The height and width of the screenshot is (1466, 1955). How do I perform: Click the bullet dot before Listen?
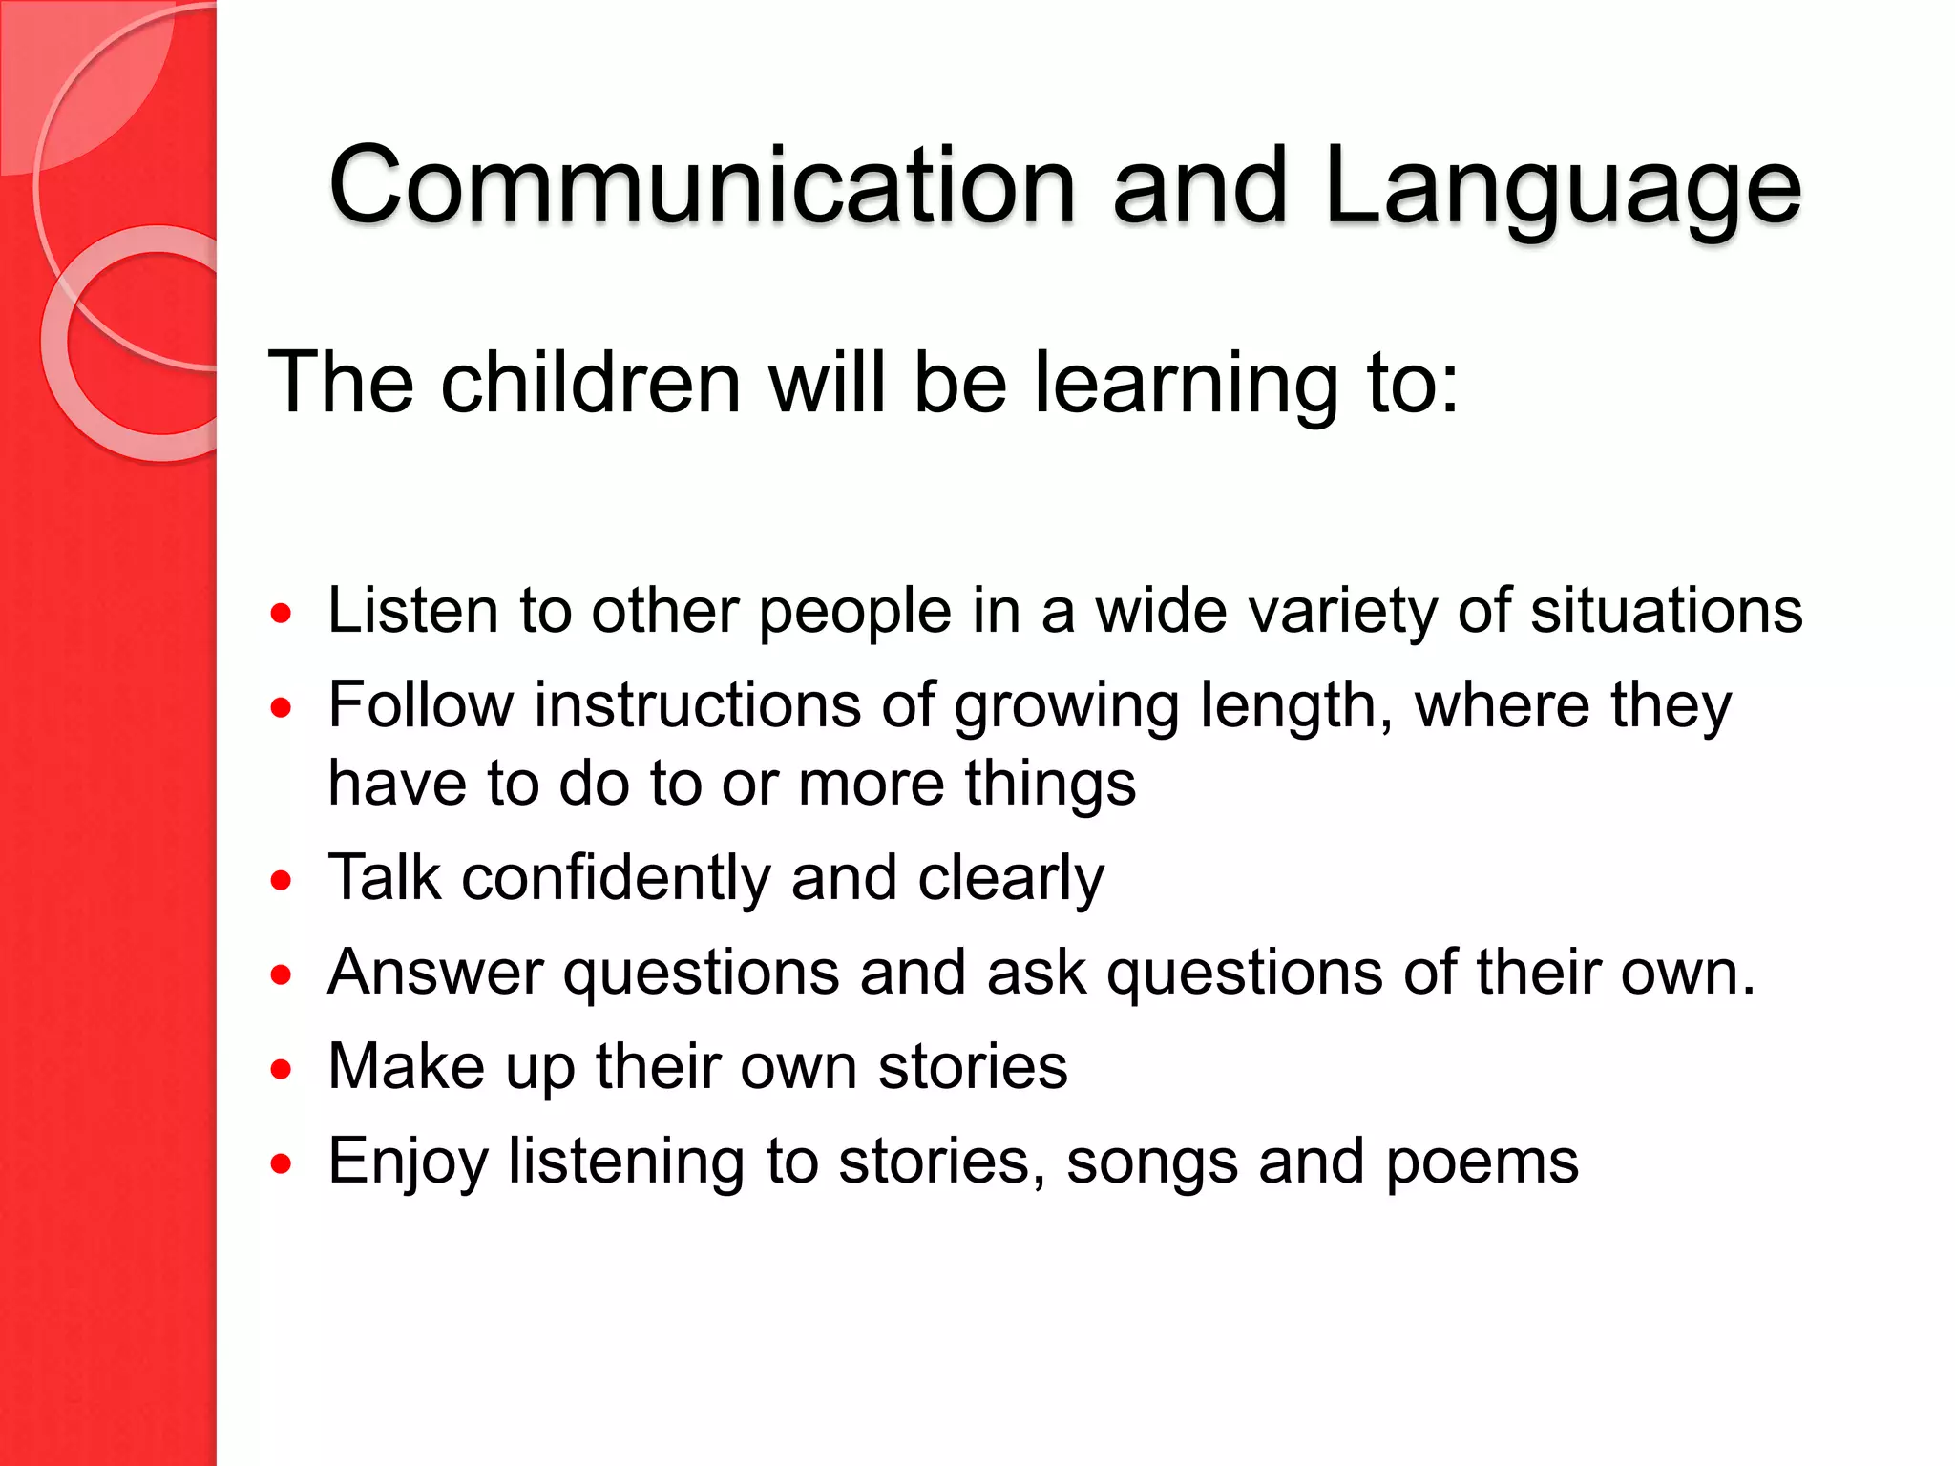tap(281, 613)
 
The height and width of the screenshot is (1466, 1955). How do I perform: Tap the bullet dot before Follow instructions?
tap(281, 708)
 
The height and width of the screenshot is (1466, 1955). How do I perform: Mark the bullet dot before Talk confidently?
tap(281, 880)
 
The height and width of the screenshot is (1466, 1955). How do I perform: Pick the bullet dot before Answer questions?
tap(281, 974)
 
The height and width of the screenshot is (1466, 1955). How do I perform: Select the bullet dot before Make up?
tap(281, 1069)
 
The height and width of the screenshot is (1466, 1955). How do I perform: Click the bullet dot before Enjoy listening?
tap(281, 1163)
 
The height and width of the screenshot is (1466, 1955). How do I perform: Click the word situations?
tap(1667, 611)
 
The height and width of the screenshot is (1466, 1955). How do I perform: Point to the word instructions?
tap(698, 706)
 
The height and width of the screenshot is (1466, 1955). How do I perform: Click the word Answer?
tap(435, 973)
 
